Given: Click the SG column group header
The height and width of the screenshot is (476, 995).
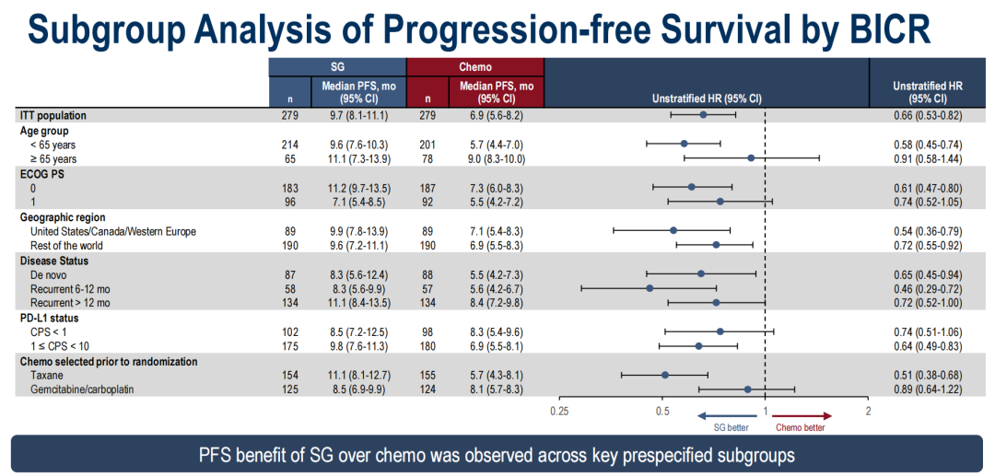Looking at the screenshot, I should (x=337, y=67).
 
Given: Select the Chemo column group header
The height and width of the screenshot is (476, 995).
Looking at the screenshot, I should (x=475, y=67).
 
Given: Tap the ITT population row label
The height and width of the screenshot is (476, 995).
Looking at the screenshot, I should (x=53, y=116).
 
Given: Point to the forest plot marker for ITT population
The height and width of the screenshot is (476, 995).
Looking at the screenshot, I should (x=703, y=115).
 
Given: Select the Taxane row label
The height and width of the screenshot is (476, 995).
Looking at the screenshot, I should (x=47, y=376).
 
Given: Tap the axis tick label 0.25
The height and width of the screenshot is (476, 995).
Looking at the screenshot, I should (x=559, y=411).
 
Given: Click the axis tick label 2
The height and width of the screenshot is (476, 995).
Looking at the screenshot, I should (x=868, y=411).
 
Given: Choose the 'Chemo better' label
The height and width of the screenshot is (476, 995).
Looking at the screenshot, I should (x=800, y=427).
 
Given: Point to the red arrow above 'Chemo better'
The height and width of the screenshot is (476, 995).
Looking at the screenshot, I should (x=801, y=416).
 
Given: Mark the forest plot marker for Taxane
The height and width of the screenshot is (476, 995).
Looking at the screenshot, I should (x=665, y=375).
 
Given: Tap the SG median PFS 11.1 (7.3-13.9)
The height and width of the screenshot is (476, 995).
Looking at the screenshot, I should (x=354, y=158).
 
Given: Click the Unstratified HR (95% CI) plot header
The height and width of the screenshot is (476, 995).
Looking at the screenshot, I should (x=707, y=98).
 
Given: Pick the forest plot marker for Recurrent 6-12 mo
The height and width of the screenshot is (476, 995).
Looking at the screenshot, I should (x=650, y=288).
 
